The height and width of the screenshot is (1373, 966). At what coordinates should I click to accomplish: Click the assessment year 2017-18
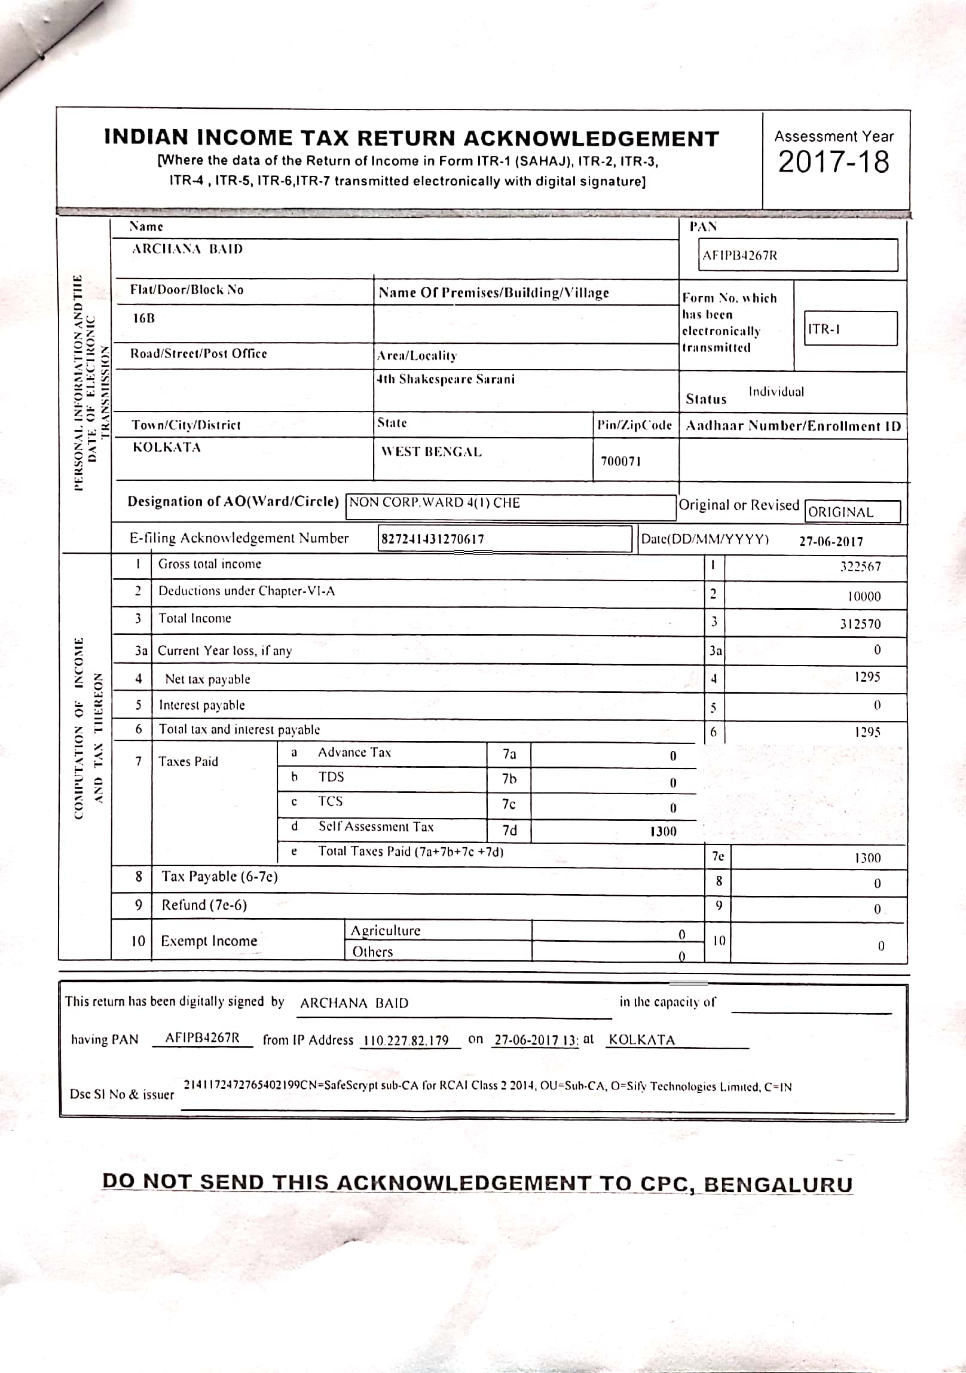833,162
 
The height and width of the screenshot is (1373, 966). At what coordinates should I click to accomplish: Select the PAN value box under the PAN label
798,255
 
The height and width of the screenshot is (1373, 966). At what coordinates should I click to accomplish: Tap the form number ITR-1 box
850,328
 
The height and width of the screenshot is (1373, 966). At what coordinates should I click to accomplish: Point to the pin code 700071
620,461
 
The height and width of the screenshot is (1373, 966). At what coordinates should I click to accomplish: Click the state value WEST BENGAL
431,452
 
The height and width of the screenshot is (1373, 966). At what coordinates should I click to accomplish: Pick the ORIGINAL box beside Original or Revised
852,512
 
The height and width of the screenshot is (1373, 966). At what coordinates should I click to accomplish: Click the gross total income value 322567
860,566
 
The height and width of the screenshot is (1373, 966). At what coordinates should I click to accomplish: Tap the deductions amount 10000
864,596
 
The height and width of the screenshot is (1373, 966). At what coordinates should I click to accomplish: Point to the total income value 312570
860,624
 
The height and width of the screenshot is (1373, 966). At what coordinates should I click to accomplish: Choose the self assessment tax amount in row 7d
663,831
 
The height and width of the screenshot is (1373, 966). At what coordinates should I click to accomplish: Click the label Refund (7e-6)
204,905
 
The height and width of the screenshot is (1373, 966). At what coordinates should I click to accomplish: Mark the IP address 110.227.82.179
406,1040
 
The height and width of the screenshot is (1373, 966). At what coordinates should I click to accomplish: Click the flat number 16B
143,318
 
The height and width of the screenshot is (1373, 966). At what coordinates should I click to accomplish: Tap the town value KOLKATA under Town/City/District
166,447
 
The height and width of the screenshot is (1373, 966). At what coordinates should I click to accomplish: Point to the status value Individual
776,392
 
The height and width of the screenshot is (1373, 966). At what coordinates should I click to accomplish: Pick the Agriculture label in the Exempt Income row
386,930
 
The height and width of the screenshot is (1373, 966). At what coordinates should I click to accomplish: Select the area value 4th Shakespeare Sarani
445,379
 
